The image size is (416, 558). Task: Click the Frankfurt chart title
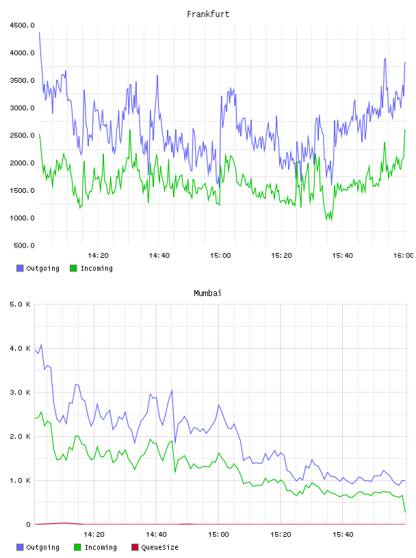(208, 14)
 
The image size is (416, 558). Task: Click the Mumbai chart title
(207, 293)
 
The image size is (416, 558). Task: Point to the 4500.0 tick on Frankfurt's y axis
(22, 25)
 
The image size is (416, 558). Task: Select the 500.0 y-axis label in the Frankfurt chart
(24, 245)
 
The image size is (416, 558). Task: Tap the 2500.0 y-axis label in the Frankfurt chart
(22, 135)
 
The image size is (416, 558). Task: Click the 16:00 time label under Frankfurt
(403, 255)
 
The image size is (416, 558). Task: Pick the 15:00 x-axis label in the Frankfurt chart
(220, 255)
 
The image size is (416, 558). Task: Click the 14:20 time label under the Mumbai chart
(94, 534)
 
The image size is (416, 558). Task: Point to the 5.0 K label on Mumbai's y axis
(20, 304)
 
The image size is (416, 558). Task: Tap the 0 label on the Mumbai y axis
(28, 524)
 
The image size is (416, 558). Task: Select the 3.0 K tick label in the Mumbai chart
(20, 393)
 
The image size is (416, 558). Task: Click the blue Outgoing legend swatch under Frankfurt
(20, 268)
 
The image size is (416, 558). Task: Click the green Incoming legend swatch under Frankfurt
(73, 268)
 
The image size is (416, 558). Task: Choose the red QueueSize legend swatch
(135, 547)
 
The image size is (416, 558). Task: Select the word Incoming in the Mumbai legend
(101, 547)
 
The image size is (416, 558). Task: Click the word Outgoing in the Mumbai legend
(42, 547)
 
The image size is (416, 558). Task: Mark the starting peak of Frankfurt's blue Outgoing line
(39, 32)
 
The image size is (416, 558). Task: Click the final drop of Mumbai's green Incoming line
(405, 511)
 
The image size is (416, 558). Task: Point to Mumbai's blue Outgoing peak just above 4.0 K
(41, 345)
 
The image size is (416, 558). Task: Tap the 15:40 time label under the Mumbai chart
(343, 534)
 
